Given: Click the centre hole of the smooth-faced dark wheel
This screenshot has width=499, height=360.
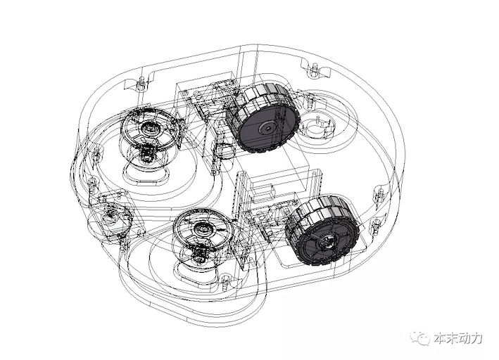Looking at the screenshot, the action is click(269, 129).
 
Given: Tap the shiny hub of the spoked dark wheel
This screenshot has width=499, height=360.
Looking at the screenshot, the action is click(327, 243).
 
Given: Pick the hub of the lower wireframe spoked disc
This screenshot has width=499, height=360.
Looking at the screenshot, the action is click(201, 229).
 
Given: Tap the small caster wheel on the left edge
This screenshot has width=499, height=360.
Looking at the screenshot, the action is click(110, 217).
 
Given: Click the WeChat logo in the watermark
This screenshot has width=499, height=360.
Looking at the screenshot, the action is click(420, 337).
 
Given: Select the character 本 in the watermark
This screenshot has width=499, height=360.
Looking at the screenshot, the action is click(441, 337).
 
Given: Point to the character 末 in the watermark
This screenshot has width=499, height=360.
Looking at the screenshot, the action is click(453, 337).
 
